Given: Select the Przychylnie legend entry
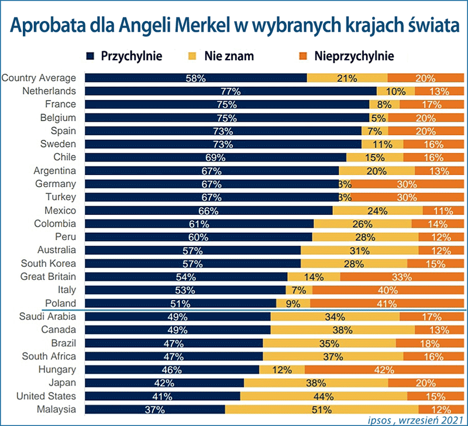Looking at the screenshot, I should pos(123,56).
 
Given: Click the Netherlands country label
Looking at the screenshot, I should pos(49,91).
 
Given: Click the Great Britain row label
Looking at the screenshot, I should pos(48,276).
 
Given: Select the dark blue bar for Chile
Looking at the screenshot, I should pos(215,157).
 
